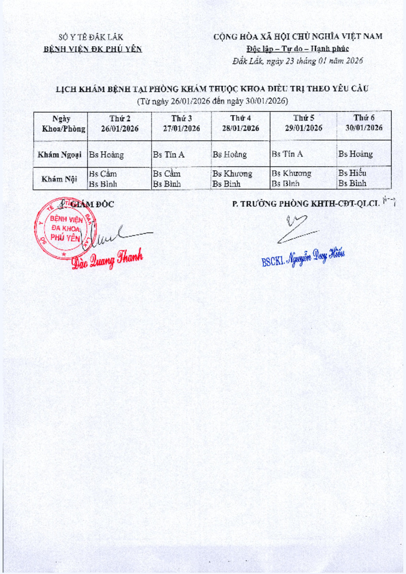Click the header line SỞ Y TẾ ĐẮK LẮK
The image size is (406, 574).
tap(91, 37)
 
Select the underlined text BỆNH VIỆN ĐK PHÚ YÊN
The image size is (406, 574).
tap(92, 49)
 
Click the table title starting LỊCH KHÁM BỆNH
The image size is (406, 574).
tap(212, 89)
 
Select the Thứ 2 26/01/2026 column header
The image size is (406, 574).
tap(120, 123)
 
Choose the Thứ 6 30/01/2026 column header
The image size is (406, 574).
tap(364, 123)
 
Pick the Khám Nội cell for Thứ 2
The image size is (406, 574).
tap(119, 178)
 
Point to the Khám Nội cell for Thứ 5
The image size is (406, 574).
tap(303, 178)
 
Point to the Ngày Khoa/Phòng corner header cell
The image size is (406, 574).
tap(61, 123)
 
